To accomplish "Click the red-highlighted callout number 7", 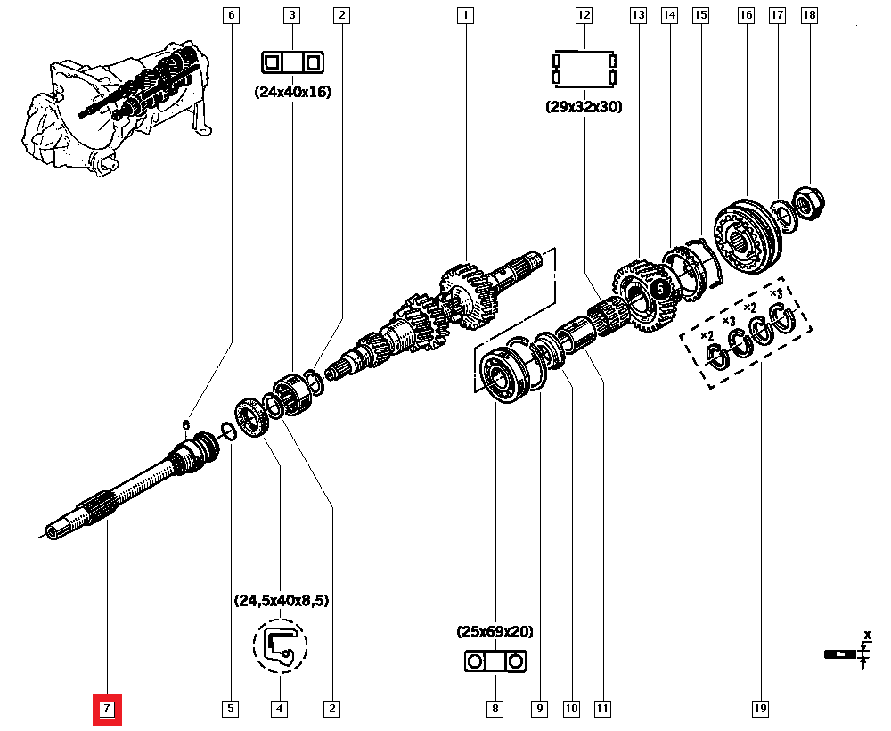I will pyautogui.click(x=106, y=710).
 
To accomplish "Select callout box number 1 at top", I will pyautogui.click(x=464, y=15).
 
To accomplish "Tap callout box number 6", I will pyautogui.click(x=232, y=15).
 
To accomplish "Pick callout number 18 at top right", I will pyautogui.click(x=809, y=15).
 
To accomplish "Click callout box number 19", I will pyautogui.click(x=760, y=710).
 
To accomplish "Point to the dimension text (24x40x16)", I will pyautogui.click(x=292, y=91).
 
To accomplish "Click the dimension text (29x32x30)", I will pyautogui.click(x=584, y=106).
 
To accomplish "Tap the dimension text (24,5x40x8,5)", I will pyautogui.click(x=281, y=601).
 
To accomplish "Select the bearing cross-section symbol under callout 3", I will pyautogui.click(x=292, y=62).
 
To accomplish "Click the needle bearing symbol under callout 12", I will pyautogui.click(x=584, y=69).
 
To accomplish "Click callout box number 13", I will pyautogui.click(x=637, y=15).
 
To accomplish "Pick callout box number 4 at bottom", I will pyautogui.click(x=280, y=710).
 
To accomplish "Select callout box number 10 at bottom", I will pyautogui.click(x=570, y=710).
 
